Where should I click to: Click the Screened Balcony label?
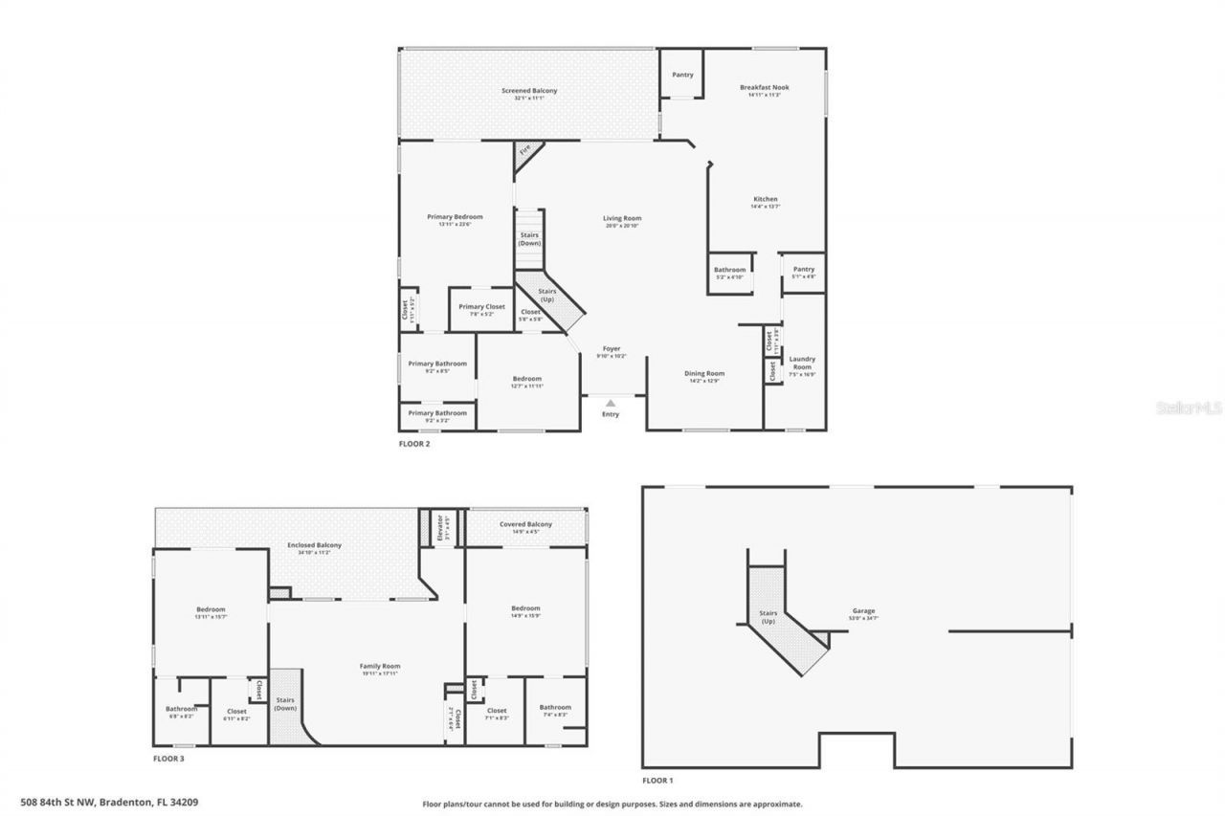[529, 91]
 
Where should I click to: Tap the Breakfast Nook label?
[761, 87]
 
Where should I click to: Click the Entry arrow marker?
[611, 404]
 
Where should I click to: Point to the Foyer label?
[612, 349]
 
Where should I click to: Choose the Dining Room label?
[703, 373]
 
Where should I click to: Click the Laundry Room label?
[802, 364]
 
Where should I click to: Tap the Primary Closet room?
[481, 307]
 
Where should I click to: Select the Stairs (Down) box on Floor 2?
[529, 239]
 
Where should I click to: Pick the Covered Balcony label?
[525, 524]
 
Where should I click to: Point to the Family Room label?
[380, 666]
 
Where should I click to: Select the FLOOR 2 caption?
[414, 444]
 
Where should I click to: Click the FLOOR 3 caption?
[168, 759]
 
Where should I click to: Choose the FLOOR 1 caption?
[657, 781]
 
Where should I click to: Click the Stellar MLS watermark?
[1190, 408]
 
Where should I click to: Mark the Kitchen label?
[765, 199]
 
